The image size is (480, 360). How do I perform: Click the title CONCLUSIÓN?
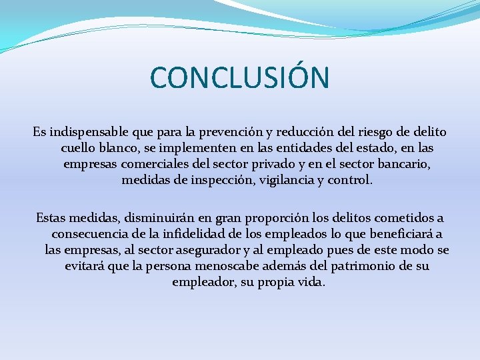point(240,77)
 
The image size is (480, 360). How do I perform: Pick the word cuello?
point(79,147)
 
